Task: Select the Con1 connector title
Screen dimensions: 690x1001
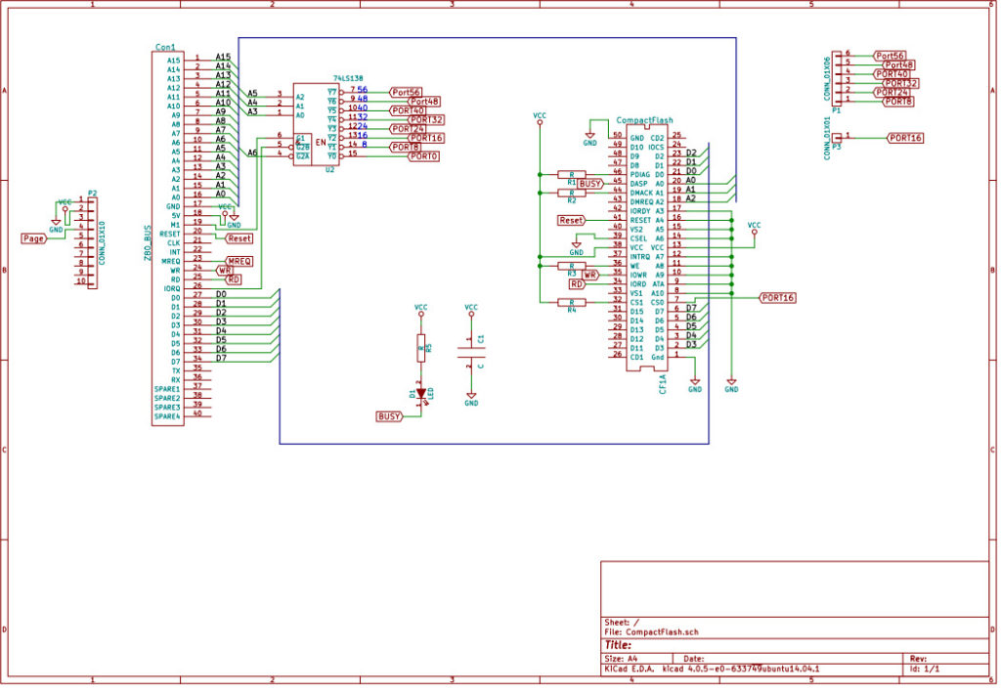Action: tap(165, 47)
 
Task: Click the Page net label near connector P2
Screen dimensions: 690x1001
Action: tap(34, 237)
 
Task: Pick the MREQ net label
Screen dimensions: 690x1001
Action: tap(239, 261)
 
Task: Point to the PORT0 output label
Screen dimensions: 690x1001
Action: tap(423, 156)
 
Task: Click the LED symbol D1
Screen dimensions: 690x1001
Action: tap(421, 393)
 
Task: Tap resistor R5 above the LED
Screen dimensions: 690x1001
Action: tap(421, 347)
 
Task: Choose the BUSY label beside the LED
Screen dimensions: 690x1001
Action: tap(389, 416)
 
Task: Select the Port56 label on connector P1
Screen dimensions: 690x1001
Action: tap(889, 56)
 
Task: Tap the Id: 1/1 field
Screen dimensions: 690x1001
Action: tap(926, 669)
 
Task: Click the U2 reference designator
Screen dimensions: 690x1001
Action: tap(329, 169)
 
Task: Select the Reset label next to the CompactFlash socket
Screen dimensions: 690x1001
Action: tap(572, 221)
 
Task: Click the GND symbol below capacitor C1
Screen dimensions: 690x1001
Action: tap(471, 399)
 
